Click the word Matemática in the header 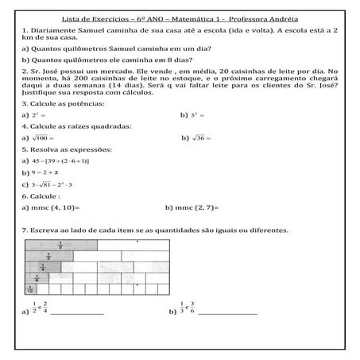point(185,18)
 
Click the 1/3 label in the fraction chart point(49,257)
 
